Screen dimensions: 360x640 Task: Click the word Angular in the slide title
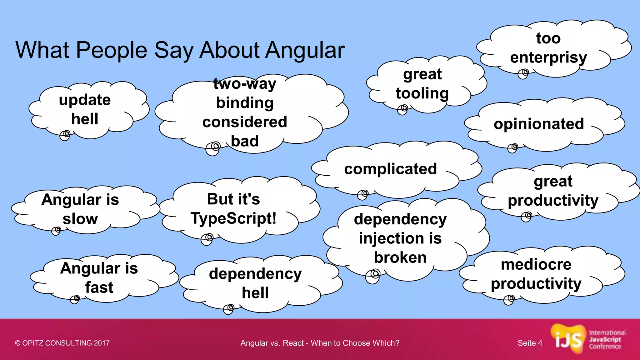pyautogui.click(x=305, y=51)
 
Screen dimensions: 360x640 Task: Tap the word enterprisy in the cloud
pyautogui.click(x=548, y=57)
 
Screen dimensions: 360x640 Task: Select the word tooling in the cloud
pyautogui.click(x=422, y=93)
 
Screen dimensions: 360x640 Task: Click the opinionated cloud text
pyautogui.click(x=539, y=124)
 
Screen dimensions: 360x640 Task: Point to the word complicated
pyautogui.click(x=390, y=169)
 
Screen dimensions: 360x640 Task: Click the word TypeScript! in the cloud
pyautogui.click(x=233, y=218)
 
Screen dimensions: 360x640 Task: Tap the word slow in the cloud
pyautogui.click(x=80, y=219)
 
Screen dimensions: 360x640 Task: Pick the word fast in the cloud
pyautogui.click(x=99, y=287)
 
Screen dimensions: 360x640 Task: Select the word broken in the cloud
pyautogui.click(x=400, y=258)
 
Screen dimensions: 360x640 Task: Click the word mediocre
pyautogui.click(x=536, y=265)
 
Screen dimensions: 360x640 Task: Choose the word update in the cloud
pyautogui.click(x=85, y=100)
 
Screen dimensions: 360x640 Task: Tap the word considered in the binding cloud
pyautogui.click(x=245, y=122)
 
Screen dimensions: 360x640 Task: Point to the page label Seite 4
pyautogui.click(x=530, y=343)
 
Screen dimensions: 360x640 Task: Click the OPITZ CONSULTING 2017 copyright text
pyautogui.click(x=62, y=343)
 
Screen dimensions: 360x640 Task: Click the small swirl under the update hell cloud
pyautogui.click(x=65, y=135)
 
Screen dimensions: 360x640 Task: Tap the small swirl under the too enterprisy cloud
pyautogui.click(x=523, y=74)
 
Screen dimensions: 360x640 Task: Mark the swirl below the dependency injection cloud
pyautogui.click(x=373, y=276)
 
